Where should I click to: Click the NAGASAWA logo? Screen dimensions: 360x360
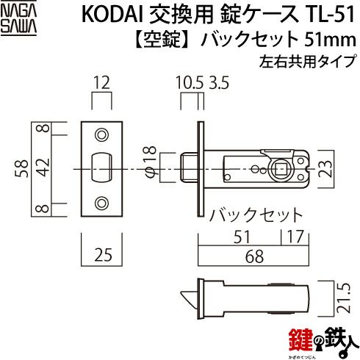click(x=18, y=20)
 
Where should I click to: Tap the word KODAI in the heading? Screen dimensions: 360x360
click(x=113, y=15)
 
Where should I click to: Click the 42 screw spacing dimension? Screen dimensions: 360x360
click(x=44, y=168)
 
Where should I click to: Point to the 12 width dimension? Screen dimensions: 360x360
click(x=101, y=83)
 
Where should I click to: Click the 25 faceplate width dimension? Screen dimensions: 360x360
click(x=103, y=255)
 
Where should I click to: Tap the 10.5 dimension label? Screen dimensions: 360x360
click(x=190, y=83)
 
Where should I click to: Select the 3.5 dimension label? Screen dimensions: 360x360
click(x=219, y=83)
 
